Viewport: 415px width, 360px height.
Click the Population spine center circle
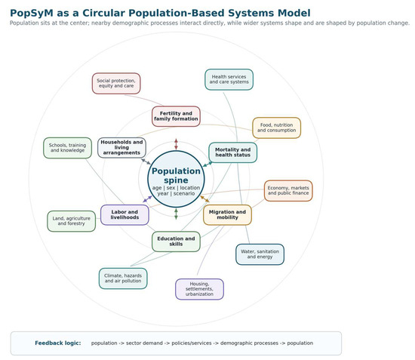pyautogui.click(x=176, y=179)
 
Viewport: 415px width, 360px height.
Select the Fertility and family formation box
pyautogui.click(x=176, y=116)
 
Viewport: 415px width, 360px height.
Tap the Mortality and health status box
pyautogui.click(x=232, y=152)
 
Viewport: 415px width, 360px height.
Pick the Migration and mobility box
pyautogui.click(x=227, y=214)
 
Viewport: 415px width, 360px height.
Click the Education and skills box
pyautogui.click(x=176, y=242)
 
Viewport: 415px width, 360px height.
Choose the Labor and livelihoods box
pyautogui.click(x=124, y=214)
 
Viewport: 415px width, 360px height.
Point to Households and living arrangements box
pyautogui.click(x=121, y=147)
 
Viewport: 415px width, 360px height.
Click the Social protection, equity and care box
pyautogui.click(x=116, y=83)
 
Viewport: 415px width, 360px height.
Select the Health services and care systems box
pyautogui.click(x=229, y=79)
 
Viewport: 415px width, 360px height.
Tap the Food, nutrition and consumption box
pyautogui.click(x=277, y=128)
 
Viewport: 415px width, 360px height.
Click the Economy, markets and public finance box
pyautogui.click(x=288, y=191)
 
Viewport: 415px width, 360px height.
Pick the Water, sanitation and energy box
pyautogui.click(x=260, y=254)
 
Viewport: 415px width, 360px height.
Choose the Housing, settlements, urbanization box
pyautogui.click(x=199, y=289)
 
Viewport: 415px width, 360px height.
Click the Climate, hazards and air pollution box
pyautogui.click(x=123, y=278)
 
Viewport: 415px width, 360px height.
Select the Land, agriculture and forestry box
pyautogui.click(x=72, y=221)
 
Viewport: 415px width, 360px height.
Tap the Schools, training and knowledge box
pyautogui.click(x=67, y=148)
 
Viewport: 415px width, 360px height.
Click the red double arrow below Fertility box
pyautogui.click(x=176, y=144)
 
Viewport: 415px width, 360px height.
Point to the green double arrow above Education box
pyautogui.click(x=176, y=214)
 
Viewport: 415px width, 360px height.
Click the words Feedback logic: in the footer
pyautogui.click(x=58, y=343)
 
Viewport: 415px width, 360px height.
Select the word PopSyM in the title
pyautogui.click(x=32, y=13)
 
